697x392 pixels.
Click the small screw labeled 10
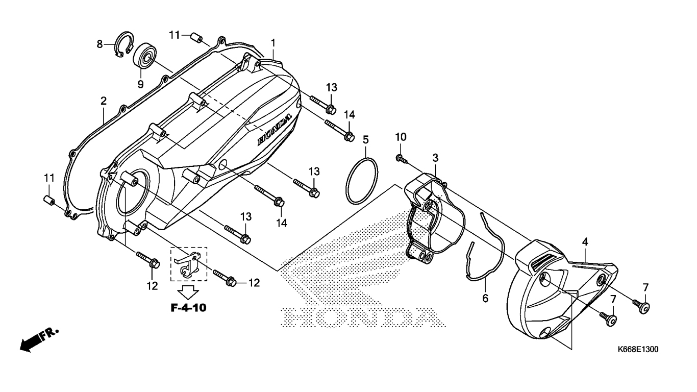(401, 159)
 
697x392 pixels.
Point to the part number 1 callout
(273, 42)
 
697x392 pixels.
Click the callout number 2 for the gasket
(104, 101)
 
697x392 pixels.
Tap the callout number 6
(485, 298)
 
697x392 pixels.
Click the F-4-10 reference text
(188, 308)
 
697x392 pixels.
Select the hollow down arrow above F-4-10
(189, 291)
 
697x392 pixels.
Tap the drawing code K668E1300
(638, 350)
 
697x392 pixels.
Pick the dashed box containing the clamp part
(189, 264)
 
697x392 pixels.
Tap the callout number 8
(100, 44)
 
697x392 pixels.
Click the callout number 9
(140, 83)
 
